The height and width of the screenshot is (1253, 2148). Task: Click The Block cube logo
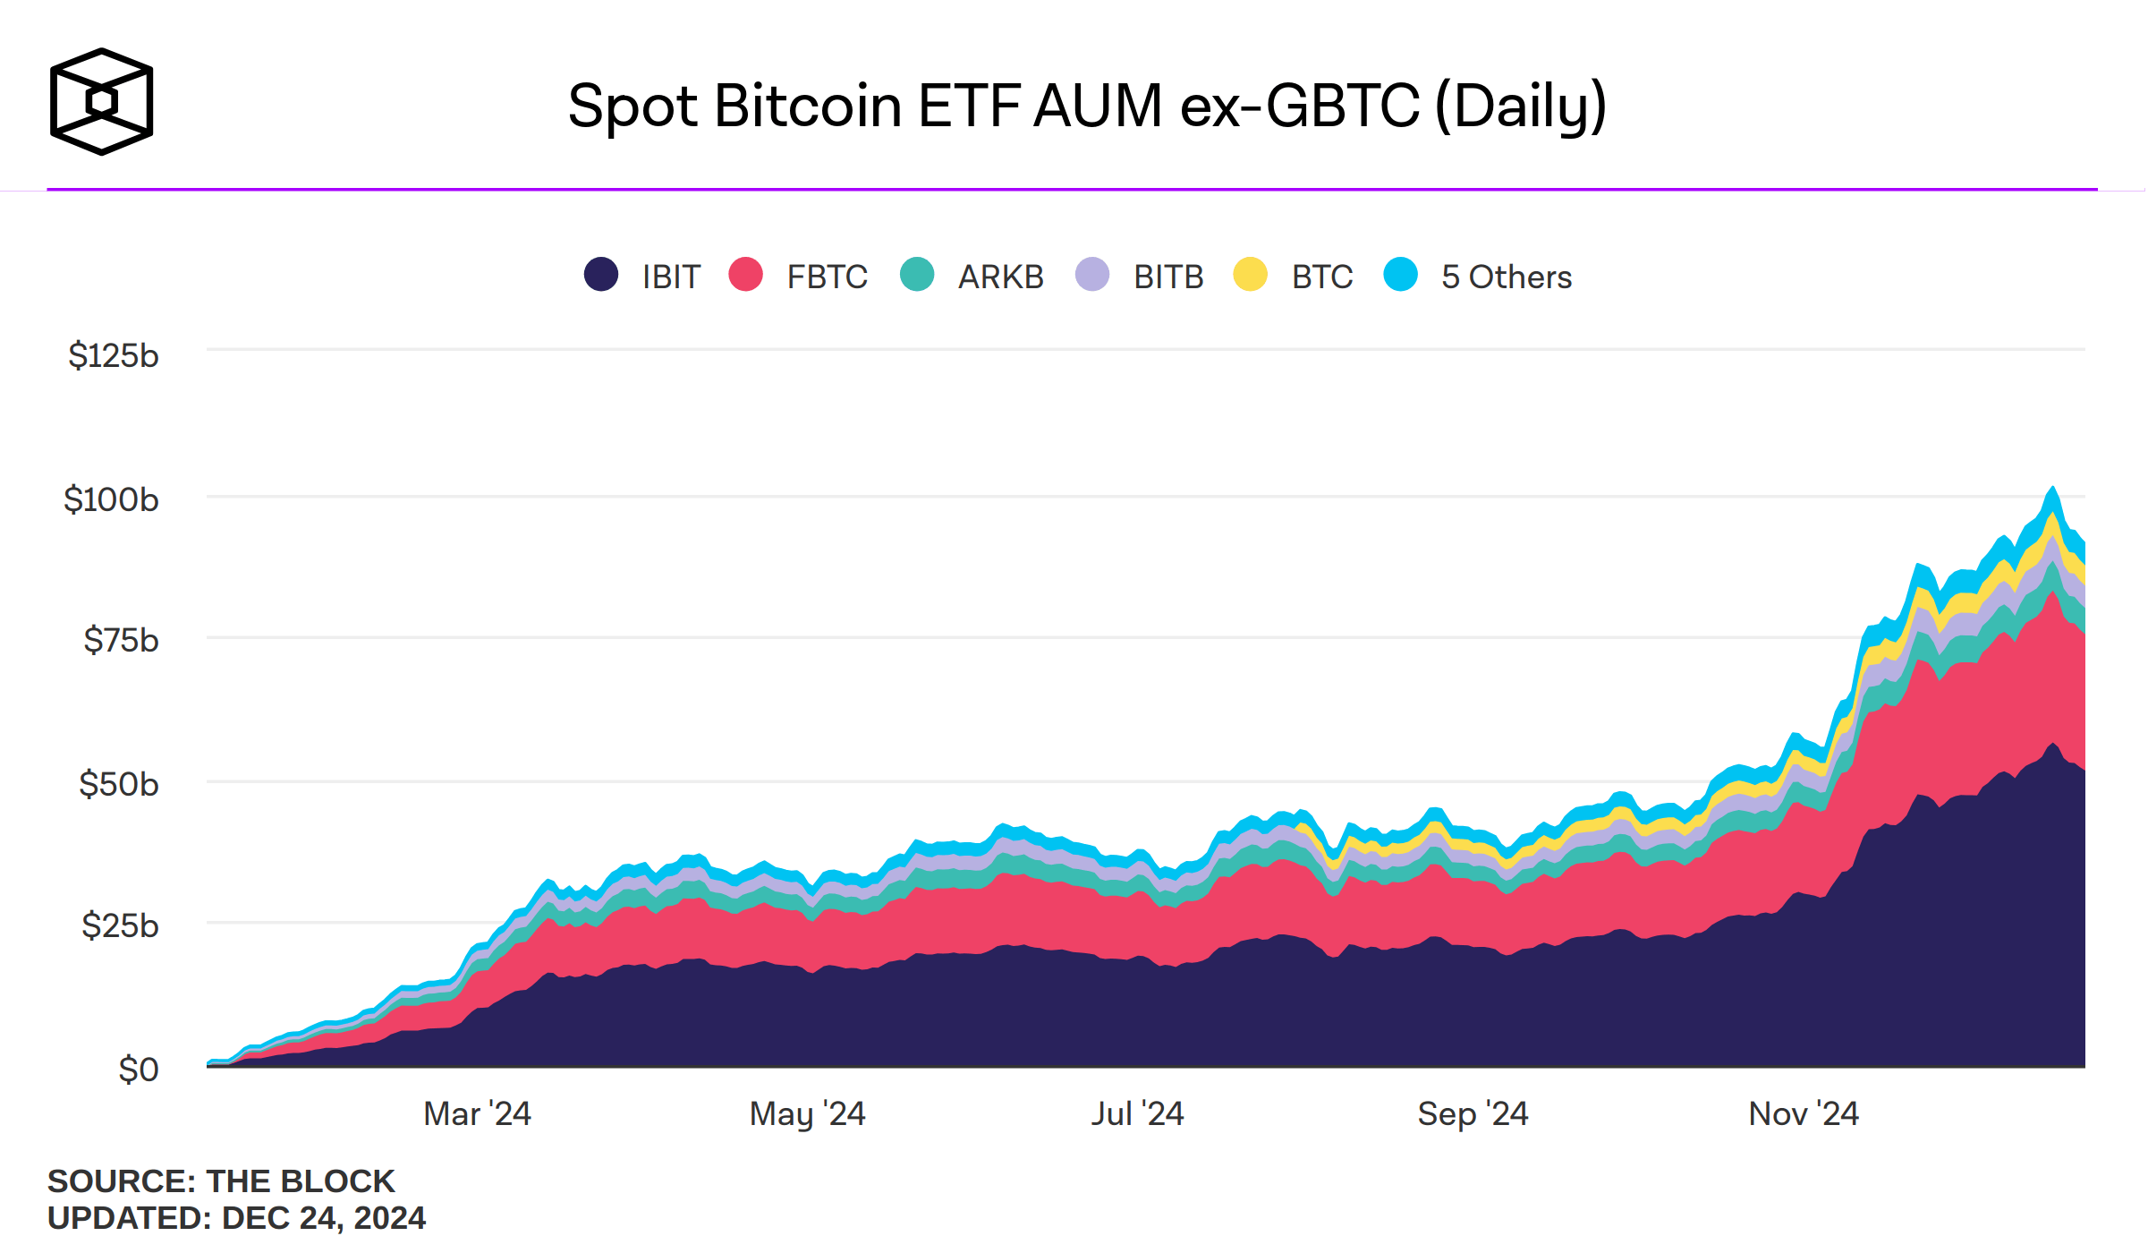click(101, 101)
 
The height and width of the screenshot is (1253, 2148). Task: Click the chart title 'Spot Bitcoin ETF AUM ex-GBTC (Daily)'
click(1087, 106)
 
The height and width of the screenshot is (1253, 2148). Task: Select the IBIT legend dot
click(601, 275)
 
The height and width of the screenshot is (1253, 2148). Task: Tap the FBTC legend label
click(827, 277)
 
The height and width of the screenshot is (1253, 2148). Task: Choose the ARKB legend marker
click(917, 275)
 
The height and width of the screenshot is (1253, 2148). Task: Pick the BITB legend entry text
click(1168, 277)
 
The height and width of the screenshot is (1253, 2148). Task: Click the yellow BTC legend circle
click(1250, 275)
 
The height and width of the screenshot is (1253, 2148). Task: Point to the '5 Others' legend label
click(1507, 277)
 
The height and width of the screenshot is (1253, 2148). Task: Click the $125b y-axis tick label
click(114, 356)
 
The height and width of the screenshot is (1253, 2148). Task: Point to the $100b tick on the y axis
click(111, 499)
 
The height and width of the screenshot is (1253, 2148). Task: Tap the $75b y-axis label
click(121, 641)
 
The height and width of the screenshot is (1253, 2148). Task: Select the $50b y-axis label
click(119, 784)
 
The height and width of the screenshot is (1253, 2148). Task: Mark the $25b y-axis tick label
click(120, 925)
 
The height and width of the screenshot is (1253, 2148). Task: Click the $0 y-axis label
click(139, 1070)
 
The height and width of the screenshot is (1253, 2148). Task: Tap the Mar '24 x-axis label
click(477, 1114)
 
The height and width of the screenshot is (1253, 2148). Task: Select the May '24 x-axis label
click(807, 1114)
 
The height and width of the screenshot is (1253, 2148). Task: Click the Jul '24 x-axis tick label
click(1137, 1114)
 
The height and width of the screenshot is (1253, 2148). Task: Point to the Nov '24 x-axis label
click(1804, 1114)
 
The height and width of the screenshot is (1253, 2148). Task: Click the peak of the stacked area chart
click(2053, 489)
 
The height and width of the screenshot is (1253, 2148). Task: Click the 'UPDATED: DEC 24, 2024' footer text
click(236, 1218)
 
